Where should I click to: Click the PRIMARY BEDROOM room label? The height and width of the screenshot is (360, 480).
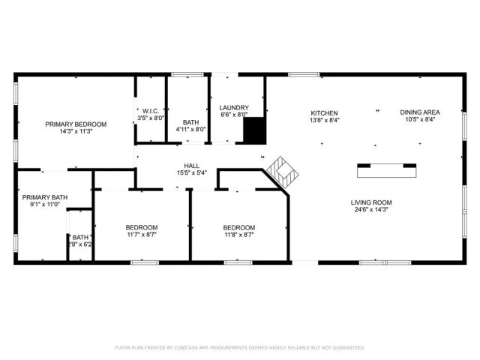click(76, 124)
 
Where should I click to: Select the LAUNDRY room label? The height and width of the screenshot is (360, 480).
click(234, 107)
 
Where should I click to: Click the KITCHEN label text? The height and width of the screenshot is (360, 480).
click(325, 112)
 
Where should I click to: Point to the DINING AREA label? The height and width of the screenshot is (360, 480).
click(419, 112)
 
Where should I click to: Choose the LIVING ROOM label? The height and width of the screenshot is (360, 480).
click(371, 202)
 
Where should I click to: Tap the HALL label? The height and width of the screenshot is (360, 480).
click(191, 166)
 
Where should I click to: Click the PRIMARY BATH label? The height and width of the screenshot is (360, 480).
click(44, 197)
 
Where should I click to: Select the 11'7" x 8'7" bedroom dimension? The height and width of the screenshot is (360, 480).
click(141, 235)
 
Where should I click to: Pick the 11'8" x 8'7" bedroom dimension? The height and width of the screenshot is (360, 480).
click(238, 235)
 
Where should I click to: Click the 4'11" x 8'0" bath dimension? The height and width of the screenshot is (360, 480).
click(190, 129)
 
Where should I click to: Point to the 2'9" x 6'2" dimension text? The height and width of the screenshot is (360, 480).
click(80, 244)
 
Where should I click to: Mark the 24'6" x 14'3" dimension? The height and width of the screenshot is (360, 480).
click(371, 210)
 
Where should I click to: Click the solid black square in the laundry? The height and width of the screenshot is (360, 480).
click(255, 130)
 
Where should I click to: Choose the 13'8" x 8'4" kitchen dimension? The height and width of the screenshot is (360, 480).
click(325, 120)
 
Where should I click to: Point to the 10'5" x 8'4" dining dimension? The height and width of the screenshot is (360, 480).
click(419, 120)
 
